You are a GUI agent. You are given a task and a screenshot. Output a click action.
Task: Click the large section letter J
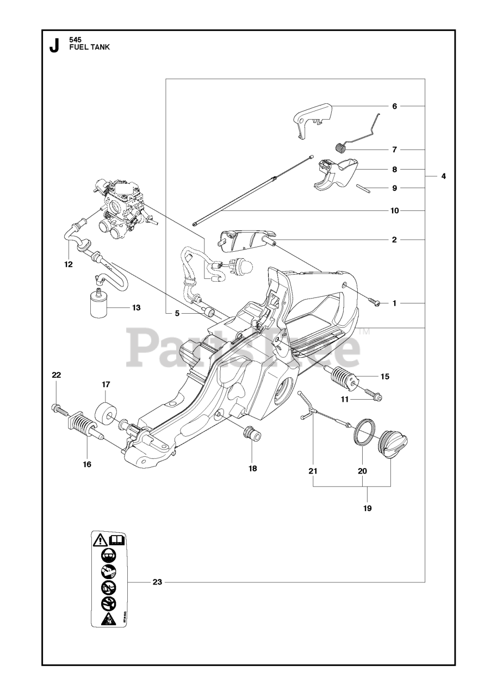[x=54, y=46]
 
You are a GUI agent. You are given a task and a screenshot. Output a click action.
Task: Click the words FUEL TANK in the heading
[x=89, y=47]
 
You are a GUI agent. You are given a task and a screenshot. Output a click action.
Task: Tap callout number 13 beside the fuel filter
[x=136, y=308]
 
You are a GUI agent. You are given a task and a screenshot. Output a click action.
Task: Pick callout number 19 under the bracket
[x=367, y=508]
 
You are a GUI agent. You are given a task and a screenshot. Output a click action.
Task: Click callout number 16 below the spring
[x=87, y=464]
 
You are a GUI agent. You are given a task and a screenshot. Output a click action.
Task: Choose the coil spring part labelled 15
[x=341, y=376]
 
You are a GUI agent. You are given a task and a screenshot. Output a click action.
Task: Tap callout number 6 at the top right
[x=395, y=106]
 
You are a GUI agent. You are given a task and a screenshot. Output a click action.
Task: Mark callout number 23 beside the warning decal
[x=157, y=582]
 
